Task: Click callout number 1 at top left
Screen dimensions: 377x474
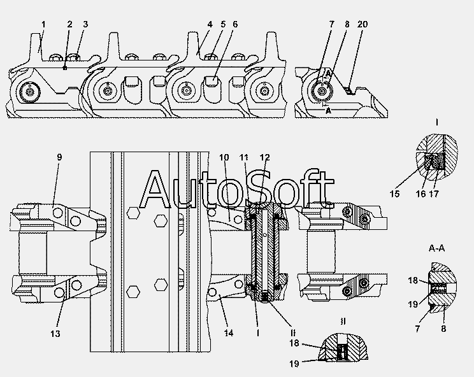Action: click(x=43, y=24)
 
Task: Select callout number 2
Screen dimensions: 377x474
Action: click(x=69, y=24)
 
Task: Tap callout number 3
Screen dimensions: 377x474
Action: click(x=85, y=24)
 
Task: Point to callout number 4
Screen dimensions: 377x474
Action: click(x=209, y=24)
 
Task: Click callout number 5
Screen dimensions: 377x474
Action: click(x=223, y=24)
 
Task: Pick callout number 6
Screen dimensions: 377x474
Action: click(x=235, y=24)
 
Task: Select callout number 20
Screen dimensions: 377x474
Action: click(x=363, y=24)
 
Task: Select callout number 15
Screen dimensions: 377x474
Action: click(x=396, y=194)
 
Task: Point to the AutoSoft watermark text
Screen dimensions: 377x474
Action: click(x=236, y=189)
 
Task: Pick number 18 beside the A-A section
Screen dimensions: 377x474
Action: click(x=413, y=280)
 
